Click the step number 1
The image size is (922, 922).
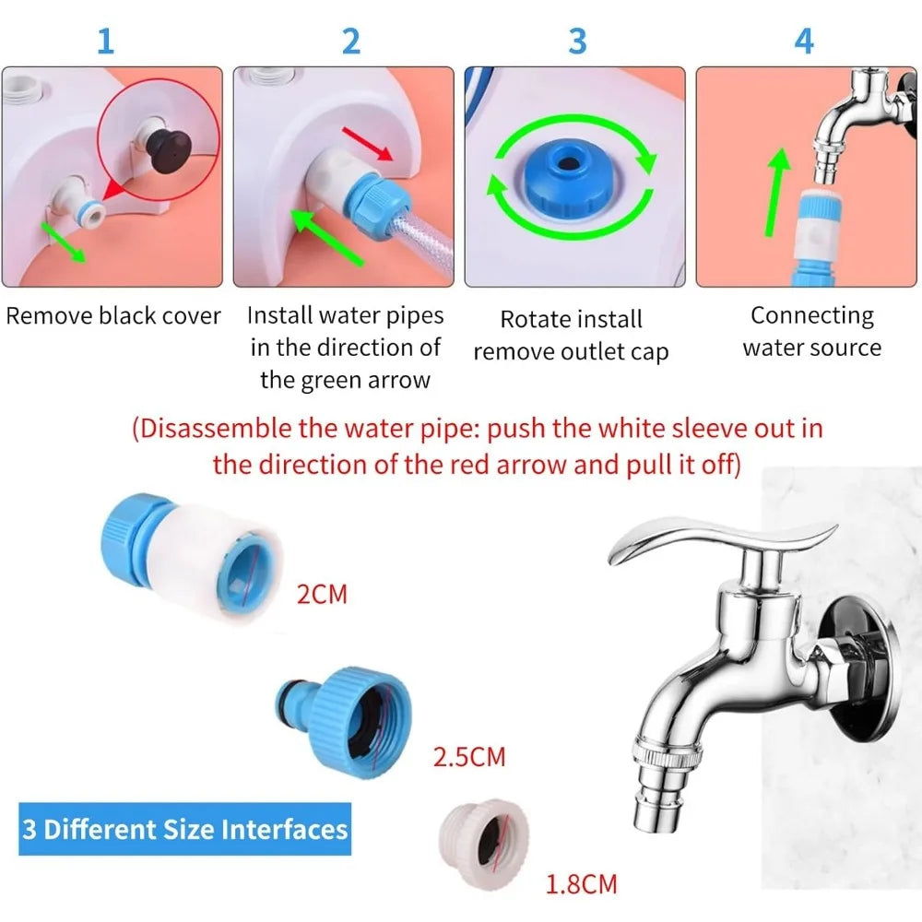coord(106,41)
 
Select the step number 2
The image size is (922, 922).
coord(350,41)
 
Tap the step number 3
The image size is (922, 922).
coord(577,41)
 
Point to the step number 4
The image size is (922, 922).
coord(804,41)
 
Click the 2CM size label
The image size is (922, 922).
coord(323,594)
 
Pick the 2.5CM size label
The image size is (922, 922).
coord(469,758)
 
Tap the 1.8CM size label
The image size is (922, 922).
coord(581,885)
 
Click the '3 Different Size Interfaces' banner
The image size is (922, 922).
coord(184,829)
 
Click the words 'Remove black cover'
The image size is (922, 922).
coord(113,316)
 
